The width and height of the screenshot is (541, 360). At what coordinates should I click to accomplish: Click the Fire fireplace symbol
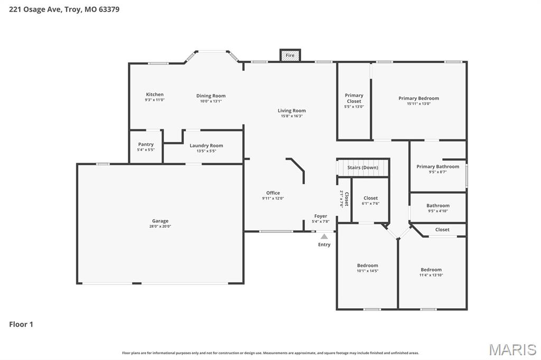click(x=290, y=55)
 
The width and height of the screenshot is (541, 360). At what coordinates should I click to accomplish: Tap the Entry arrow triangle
click(x=324, y=237)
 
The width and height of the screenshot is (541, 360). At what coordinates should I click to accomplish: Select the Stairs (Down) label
click(x=362, y=168)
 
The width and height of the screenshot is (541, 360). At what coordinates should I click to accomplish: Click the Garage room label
click(x=160, y=221)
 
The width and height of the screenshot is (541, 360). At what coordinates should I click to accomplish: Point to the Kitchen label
click(x=155, y=94)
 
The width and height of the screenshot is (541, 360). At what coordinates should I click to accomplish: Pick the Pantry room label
click(x=146, y=144)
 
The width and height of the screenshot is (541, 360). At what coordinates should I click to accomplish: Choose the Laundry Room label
click(x=206, y=145)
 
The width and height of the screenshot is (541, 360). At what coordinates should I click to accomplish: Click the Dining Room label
click(x=211, y=96)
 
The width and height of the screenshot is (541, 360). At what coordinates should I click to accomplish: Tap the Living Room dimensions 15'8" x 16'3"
click(x=292, y=116)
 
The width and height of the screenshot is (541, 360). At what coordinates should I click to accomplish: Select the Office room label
click(x=273, y=193)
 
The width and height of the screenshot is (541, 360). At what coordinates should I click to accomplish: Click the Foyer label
click(x=321, y=216)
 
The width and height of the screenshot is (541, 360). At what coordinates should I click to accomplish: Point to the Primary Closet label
click(x=354, y=98)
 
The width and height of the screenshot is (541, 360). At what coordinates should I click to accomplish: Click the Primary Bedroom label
click(x=418, y=98)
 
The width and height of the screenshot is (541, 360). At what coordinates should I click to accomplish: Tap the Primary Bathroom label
click(x=437, y=166)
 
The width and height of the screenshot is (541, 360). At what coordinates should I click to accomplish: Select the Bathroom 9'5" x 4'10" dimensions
click(x=438, y=211)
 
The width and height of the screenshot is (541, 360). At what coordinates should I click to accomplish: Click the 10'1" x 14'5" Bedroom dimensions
click(x=367, y=271)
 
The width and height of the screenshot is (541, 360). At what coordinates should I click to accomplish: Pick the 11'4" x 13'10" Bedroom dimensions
click(x=431, y=275)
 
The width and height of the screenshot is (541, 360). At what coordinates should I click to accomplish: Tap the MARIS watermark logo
click(x=512, y=349)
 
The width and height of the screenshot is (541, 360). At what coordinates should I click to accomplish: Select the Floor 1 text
click(x=21, y=324)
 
